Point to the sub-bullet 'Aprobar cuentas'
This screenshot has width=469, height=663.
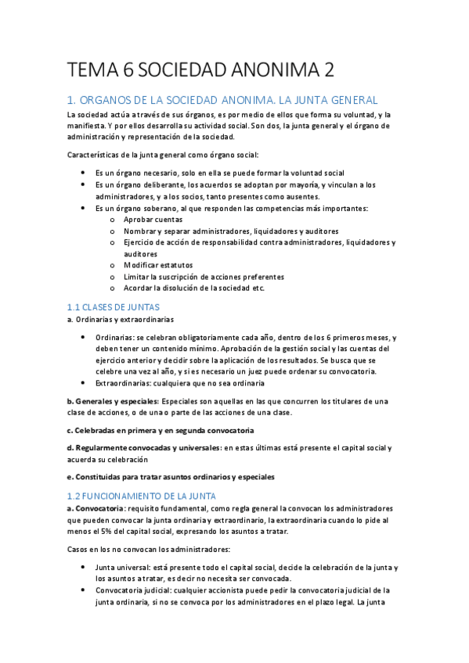(x=153, y=220)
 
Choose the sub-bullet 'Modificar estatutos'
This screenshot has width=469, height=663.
(x=158, y=265)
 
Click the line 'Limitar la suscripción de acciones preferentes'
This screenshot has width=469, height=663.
(x=203, y=277)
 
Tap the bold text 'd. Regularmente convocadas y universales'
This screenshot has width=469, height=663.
(x=143, y=448)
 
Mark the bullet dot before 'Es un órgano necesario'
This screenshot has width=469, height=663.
(x=84, y=173)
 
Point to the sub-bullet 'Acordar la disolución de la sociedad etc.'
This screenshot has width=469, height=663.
(x=194, y=288)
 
